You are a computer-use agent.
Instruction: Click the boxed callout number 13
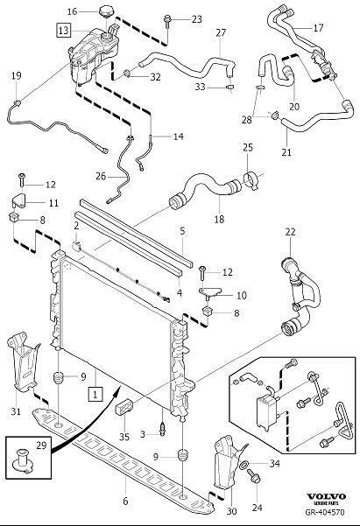click(63, 30)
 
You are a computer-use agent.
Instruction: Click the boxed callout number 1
click(92, 395)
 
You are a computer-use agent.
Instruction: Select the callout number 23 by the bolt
click(196, 18)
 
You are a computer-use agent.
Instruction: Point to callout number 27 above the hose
click(221, 32)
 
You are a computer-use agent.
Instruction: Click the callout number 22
click(290, 232)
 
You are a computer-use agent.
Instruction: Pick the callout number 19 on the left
click(17, 76)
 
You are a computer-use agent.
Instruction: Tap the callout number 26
click(101, 176)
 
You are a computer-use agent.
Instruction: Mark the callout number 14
click(178, 137)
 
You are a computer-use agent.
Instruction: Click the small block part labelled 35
click(127, 408)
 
